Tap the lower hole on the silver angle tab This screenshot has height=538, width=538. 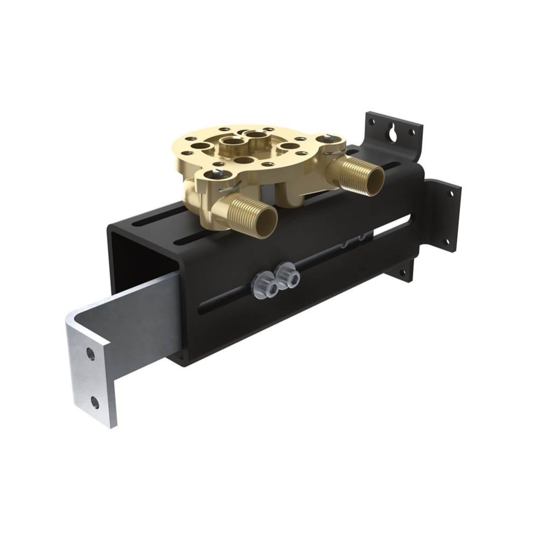pyautogui.click(x=95, y=401)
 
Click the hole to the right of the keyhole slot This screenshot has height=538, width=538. pyautogui.click(x=412, y=132)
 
